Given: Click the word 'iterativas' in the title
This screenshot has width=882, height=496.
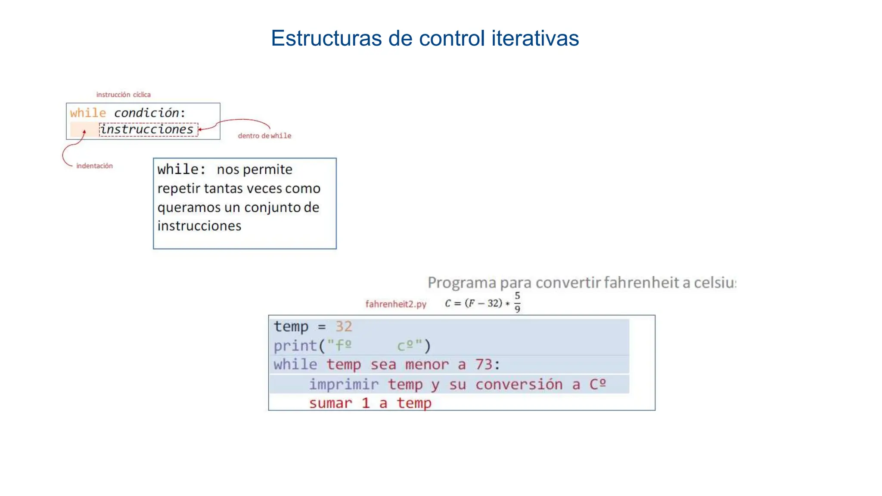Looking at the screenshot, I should (535, 38).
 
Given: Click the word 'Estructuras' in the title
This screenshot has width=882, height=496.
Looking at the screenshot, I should (326, 38).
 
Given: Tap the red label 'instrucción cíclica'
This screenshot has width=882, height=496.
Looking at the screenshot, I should (123, 95).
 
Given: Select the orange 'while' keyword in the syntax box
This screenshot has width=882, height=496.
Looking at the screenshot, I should (88, 113).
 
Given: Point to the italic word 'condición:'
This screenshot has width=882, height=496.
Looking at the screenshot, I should (149, 113).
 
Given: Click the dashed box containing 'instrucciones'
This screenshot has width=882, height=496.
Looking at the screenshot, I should (148, 130).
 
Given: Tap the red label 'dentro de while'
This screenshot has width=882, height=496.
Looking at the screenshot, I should (264, 136).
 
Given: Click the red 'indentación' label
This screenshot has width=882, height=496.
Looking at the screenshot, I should (94, 166).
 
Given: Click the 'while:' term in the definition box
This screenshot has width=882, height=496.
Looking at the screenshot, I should (181, 170).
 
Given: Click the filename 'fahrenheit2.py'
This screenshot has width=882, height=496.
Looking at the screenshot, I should (396, 304).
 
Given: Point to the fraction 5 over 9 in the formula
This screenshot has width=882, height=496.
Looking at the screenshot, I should (517, 302).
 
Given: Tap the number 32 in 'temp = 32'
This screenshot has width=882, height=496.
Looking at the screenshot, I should (344, 327).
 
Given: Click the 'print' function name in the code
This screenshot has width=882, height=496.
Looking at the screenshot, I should (295, 346).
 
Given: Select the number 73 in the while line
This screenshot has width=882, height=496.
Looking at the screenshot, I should (484, 365).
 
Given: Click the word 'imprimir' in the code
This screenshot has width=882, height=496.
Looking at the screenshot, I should (344, 384).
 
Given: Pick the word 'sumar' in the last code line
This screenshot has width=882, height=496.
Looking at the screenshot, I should (330, 403).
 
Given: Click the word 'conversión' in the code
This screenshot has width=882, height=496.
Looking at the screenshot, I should (519, 384).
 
